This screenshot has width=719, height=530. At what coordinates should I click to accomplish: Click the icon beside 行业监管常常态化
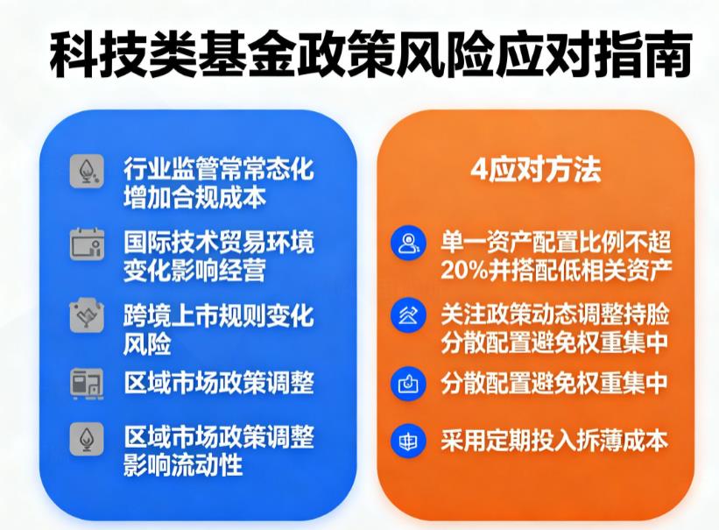tap(87, 170)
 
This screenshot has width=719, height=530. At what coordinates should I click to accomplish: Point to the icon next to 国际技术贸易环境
tap(87, 243)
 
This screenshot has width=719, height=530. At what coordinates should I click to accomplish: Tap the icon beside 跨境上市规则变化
tap(87, 315)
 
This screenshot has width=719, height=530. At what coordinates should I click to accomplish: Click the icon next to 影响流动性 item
tap(87, 440)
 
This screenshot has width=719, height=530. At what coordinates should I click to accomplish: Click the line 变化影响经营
tap(194, 269)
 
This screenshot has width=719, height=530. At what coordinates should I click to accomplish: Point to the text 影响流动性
tap(182, 464)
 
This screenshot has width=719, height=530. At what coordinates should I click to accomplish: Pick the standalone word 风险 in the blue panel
tap(147, 341)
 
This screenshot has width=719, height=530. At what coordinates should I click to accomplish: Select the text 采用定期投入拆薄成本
tap(554, 439)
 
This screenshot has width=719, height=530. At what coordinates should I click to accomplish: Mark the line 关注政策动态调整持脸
tap(554, 313)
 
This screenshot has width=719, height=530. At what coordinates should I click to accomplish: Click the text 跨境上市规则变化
tap(218, 315)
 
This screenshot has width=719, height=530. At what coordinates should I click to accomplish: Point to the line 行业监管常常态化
tap(218, 169)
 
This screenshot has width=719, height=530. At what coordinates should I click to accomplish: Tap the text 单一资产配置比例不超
tap(554, 239)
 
